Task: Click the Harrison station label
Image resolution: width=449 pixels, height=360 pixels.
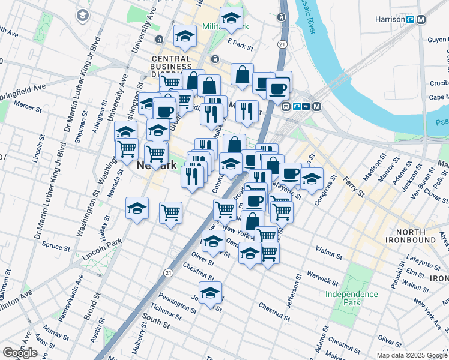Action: pyautogui.click(x=390, y=19)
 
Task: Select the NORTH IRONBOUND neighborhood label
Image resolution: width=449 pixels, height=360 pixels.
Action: pyautogui.click(x=420, y=236)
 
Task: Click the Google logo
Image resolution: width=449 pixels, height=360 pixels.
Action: pyautogui.click(x=20, y=353)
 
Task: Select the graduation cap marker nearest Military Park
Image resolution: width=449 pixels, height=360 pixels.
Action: pyautogui.click(x=231, y=19)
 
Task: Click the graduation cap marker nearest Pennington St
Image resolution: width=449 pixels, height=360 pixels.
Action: pyautogui.click(x=210, y=293)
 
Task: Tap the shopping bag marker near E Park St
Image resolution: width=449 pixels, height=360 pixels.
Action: pyautogui.click(x=241, y=74)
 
